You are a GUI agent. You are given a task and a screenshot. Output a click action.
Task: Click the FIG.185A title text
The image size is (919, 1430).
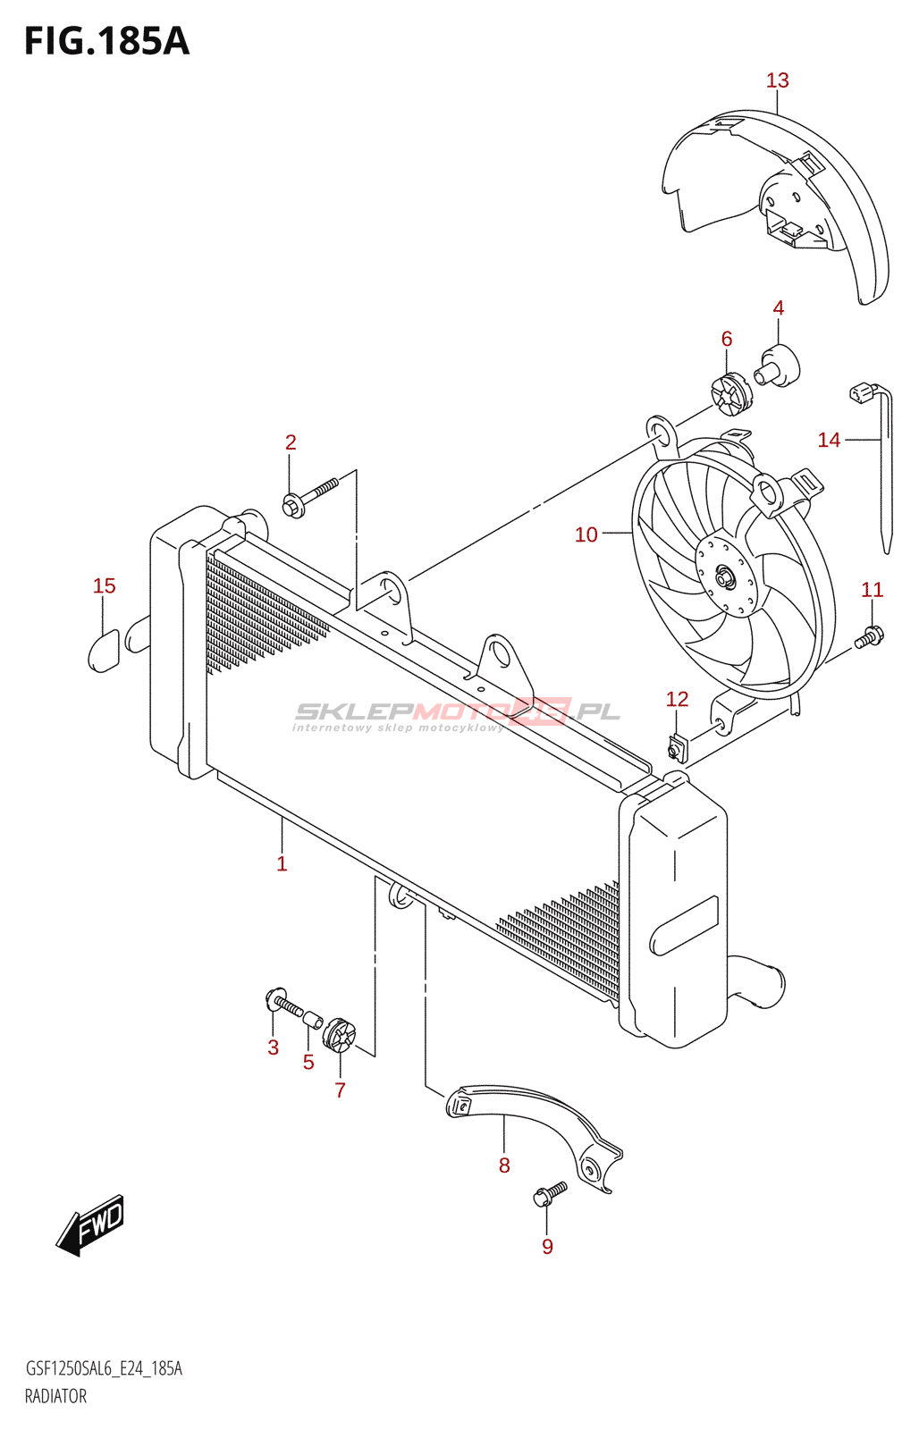tap(106, 41)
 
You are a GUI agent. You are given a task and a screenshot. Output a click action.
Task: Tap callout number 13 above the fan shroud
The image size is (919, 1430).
tap(777, 80)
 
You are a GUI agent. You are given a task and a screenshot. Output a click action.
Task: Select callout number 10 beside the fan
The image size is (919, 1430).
tap(586, 534)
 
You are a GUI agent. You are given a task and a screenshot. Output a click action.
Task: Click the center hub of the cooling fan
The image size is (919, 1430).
tap(724, 577)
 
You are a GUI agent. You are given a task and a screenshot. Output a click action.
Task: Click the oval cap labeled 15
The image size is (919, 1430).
tap(104, 651)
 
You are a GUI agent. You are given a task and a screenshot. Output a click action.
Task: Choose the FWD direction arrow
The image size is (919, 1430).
tap(91, 1224)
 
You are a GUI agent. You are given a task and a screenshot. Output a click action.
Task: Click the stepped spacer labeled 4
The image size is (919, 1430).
tap(778, 366)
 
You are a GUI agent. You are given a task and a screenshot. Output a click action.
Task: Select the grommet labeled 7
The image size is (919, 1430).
tap(340, 1037)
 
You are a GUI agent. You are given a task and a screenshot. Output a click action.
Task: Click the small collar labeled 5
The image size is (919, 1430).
tap(312, 1020)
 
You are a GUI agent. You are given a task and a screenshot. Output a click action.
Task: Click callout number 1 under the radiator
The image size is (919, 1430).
tap(282, 863)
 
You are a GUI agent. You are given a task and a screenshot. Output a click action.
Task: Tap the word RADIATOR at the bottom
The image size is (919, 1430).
tap(55, 1396)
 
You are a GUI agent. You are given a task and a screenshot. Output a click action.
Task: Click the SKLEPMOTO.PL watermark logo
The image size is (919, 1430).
tap(456, 713)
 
